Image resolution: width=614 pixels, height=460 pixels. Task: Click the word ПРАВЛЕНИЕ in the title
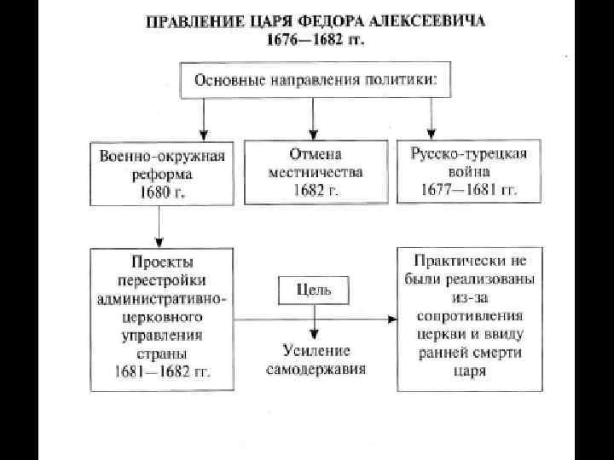pos(188,23)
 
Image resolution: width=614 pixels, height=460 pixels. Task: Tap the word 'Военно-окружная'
pos(161,156)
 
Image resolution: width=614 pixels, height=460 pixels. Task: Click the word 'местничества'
pos(314,172)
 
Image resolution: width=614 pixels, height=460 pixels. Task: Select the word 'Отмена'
pos(314,155)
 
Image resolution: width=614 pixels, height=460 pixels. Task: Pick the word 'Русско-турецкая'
pos(468,155)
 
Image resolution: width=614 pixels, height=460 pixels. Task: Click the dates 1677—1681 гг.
pos(468,190)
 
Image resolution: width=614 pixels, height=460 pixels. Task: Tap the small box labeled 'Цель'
pos(314,290)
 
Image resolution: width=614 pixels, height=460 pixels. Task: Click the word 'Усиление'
pos(315,351)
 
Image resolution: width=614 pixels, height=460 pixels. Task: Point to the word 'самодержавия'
pos(315,369)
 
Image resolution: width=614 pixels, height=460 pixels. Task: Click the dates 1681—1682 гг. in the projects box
pos(161,372)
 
